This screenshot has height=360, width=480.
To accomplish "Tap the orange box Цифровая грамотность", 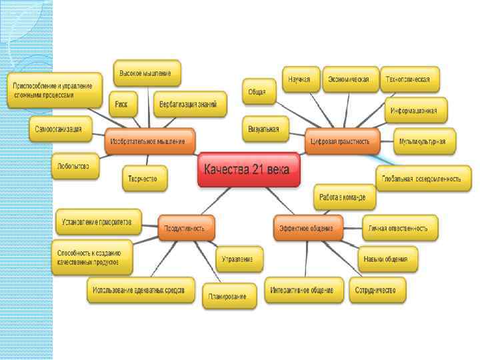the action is [342, 141].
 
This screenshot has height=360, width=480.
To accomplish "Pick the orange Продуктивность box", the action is [187, 228].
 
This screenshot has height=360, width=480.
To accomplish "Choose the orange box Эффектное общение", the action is [308, 228].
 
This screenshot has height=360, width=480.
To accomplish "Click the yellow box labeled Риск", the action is [122, 103].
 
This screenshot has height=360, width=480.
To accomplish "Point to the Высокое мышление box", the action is [146, 73].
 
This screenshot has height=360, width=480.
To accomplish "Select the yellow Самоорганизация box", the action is [60, 129].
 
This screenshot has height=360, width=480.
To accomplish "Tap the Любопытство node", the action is [75, 165].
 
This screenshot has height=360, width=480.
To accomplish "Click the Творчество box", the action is [144, 178].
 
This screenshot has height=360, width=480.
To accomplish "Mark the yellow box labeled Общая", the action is [258, 91].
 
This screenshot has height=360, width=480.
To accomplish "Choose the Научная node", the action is [300, 79].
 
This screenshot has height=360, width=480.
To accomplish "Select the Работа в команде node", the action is [344, 197].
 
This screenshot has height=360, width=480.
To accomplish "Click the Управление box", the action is [238, 258].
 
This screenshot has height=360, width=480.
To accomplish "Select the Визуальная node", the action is [264, 127].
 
